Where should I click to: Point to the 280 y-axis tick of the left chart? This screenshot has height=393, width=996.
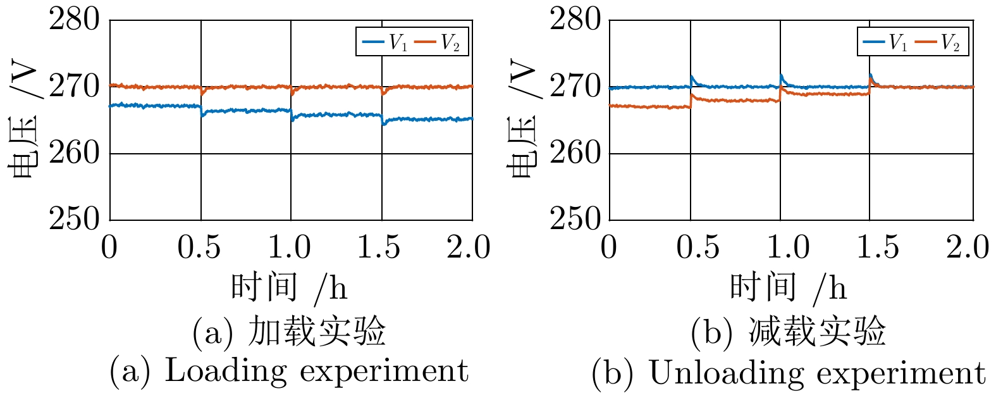[75, 20]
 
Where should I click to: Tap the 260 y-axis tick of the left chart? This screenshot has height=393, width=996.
[75, 153]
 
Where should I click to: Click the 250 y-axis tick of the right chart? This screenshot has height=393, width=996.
[574, 220]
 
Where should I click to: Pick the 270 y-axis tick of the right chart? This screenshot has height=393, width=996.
[574, 87]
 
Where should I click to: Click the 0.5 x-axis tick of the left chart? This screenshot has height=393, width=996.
[199, 247]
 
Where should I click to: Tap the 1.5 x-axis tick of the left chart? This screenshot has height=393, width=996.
[379, 247]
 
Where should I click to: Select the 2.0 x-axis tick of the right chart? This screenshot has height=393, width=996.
[968, 247]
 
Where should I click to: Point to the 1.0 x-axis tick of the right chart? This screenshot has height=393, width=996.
[788, 247]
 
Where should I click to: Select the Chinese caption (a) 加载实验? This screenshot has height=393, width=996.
[289, 331]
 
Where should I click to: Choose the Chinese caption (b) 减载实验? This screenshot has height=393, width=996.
[788, 331]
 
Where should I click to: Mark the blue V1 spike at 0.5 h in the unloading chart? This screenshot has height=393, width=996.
[692, 77]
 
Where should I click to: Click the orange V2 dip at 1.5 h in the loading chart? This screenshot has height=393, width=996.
[383, 92]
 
